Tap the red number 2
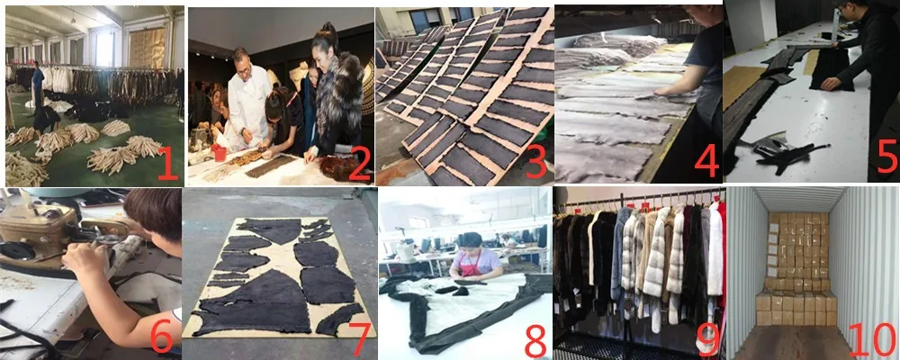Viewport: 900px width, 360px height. (359, 163)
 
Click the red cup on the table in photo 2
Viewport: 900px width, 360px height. (219, 153)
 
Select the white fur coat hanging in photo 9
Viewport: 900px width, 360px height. (715, 247)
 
